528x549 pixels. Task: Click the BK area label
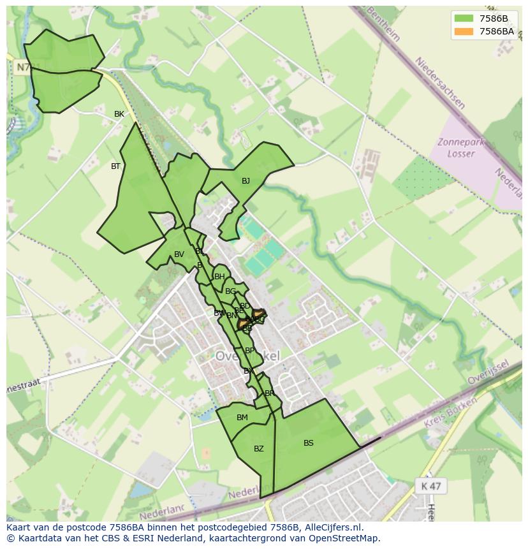pyautogui.click(x=119, y=114)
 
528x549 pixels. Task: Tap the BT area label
pyautogui.click(x=115, y=166)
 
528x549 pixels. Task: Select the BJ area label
pyautogui.click(x=246, y=181)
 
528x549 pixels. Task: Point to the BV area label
pyautogui.click(x=179, y=254)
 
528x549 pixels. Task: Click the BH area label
pyautogui.click(x=219, y=277)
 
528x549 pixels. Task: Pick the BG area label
pyautogui.click(x=230, y=291)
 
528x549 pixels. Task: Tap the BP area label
pyautogui.click(x=249, y=351)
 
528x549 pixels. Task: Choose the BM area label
pyautogui.click(x=242, y=418)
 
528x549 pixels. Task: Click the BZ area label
pyautogui.click(x=258, y=449)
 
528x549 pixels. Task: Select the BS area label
pyautogui.click(x=309, y=443)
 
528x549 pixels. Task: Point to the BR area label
pyautogui.click(x=269, y=393)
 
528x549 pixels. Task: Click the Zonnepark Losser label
pyautogui.click(x=457, y=148)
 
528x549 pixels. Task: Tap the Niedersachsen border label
pyautogui.click(x=440, y=83)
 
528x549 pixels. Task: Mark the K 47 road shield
pyautogui.click(x=431, y=486)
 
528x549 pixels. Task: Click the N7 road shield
pyautogui.click(x=22, y=67)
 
